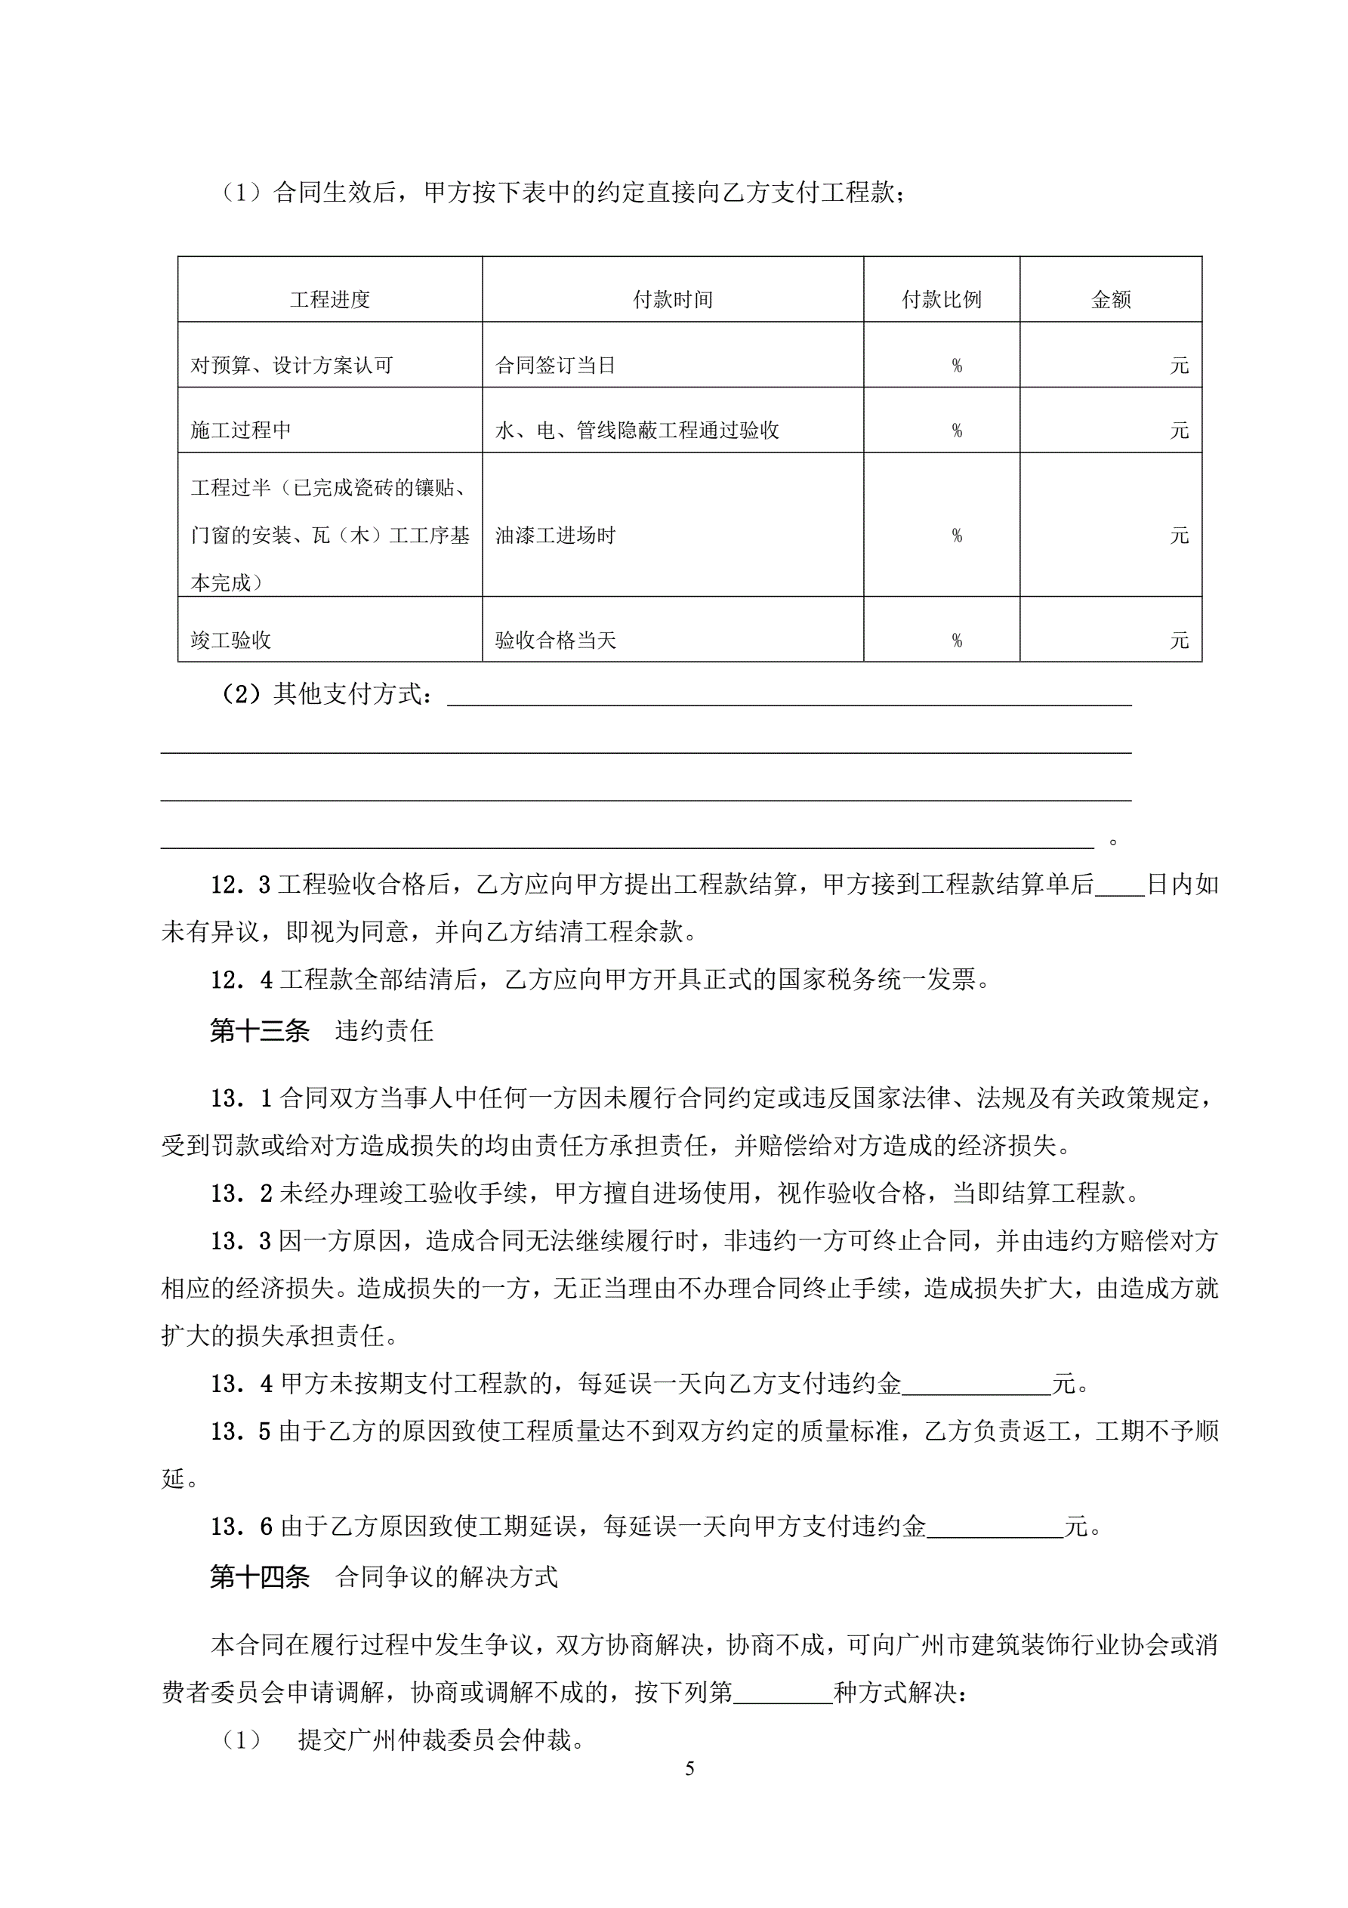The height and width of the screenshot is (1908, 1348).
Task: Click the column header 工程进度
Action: [x=330, y=300]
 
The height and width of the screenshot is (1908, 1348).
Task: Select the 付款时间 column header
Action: [x=672, y=300]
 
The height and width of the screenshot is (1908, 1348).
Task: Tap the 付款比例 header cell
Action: [x=942, y=300]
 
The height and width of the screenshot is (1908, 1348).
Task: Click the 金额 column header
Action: [x=1110, y=300]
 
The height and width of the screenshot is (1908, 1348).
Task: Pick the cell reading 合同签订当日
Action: [x=555, y=366]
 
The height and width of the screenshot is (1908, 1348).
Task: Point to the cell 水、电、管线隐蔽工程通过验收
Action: [x=637, y=431]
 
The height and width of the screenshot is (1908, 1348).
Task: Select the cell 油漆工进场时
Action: [x=555, y=536]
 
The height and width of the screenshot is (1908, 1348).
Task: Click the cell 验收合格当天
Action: [x=555, y=641]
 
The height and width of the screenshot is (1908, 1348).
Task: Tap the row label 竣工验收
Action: [x=231, y=641]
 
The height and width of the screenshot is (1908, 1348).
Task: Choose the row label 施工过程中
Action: [x=241, y=431]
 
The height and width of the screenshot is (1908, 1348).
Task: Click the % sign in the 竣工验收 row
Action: [x=957, y=641]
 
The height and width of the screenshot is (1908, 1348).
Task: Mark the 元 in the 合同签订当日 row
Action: [x=1180, y=366]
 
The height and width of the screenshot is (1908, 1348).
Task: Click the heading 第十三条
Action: [x=259, y=1032]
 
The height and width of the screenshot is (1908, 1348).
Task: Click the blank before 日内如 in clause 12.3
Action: [x=1119, y=886]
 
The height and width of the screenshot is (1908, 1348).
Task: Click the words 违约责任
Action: [x=384, y=1032]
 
